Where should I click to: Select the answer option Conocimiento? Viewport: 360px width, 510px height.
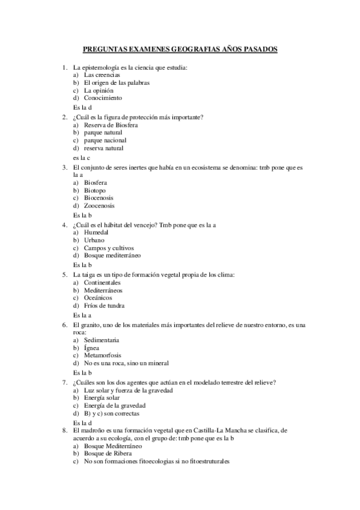103,97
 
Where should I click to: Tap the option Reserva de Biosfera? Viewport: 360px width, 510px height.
111,125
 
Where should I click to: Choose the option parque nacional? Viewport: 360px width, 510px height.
105,140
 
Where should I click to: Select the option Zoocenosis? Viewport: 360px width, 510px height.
99,205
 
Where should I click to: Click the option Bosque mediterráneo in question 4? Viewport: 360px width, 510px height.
112,256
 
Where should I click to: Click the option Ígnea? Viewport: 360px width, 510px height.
92,348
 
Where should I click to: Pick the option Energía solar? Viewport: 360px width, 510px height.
102,398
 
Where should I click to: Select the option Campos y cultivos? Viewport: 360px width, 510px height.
109,248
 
